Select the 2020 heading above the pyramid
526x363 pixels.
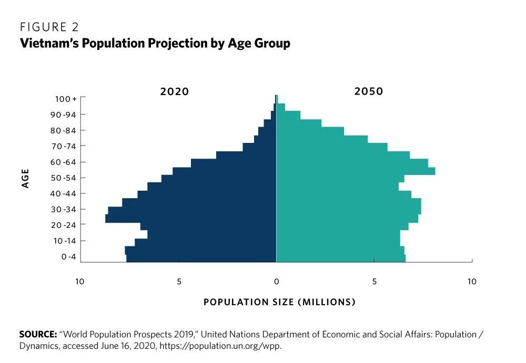click(174, 91)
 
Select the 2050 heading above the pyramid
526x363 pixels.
click(369, 91)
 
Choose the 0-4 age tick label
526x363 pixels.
click(68, 257)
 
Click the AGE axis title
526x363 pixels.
click(25, 178)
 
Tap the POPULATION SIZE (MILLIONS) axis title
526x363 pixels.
click(279, 302)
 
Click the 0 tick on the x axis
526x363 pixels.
click(276, 282)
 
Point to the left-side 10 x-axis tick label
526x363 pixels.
click(79, 282)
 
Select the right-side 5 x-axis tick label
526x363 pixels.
click(375, 282)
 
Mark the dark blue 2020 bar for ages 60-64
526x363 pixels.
click(234, 163)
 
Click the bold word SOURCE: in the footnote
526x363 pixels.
click(38, 334)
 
